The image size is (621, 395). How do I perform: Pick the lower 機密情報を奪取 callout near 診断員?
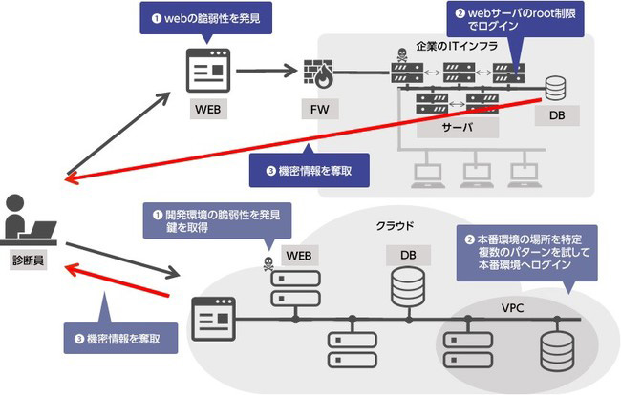point(125,337)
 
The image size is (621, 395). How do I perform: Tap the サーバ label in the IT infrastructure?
point(458,127)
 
